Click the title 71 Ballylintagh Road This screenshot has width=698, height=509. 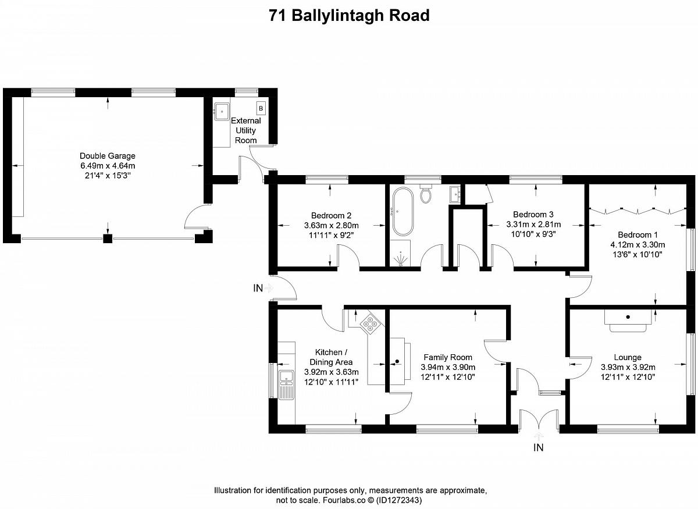(349, 15)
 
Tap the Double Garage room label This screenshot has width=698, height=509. (108, 156)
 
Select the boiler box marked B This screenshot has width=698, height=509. (261, 108)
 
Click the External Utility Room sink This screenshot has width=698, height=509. (222, 111)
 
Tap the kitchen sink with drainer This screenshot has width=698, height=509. (286, 385)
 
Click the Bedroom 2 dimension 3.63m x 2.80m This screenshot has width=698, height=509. (331, 225)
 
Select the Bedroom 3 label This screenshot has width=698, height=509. (533, 214)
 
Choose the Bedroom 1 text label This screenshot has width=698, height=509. (638, 234)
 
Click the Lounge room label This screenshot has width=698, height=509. (628, 357)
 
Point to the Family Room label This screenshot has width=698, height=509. (448, 357)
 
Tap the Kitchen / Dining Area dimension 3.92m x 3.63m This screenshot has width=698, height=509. (331, 372)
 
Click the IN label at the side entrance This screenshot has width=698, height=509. (258, 289)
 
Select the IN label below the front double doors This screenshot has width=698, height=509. (538, 447)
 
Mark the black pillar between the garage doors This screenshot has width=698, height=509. (108, 239)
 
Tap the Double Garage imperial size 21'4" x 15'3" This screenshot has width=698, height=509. (108, 176)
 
